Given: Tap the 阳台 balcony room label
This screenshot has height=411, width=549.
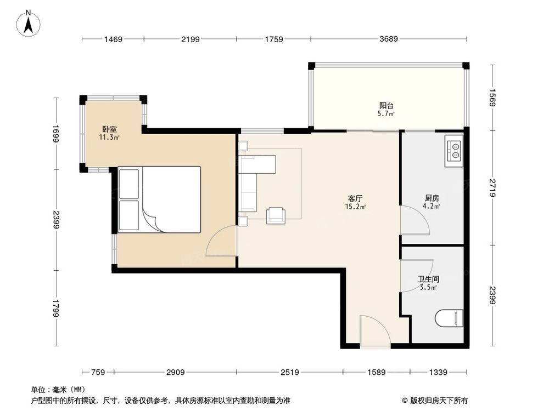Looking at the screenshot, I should (x=386, y=106).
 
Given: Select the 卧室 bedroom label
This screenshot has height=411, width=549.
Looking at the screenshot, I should (x=109, y=129).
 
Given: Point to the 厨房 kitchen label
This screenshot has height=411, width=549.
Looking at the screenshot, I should (x=432, y=198).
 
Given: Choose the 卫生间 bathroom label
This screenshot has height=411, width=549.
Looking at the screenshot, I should (x=428, y=279).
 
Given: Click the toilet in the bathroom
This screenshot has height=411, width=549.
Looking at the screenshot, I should (x=449, y=318).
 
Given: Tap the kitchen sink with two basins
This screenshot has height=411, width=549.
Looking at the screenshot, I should (x=455, y=149).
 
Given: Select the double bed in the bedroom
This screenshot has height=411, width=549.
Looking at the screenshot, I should (x=160, y=199).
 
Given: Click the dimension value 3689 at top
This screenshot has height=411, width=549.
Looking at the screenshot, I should (x=388, y=39).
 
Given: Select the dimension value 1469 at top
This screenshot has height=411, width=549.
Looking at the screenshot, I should (x=113, y=39).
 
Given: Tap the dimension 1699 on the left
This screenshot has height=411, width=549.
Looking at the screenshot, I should (x=56, y=133).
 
